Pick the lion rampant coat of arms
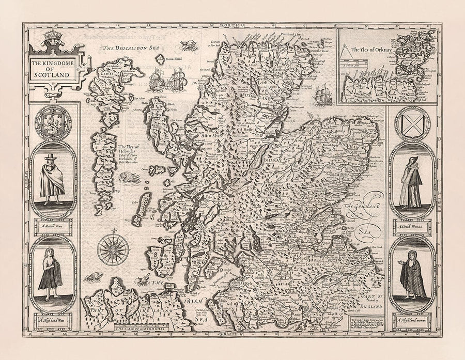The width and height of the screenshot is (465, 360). click(x=53, y=122)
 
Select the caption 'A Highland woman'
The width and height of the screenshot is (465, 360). click(x=412, y=321)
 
